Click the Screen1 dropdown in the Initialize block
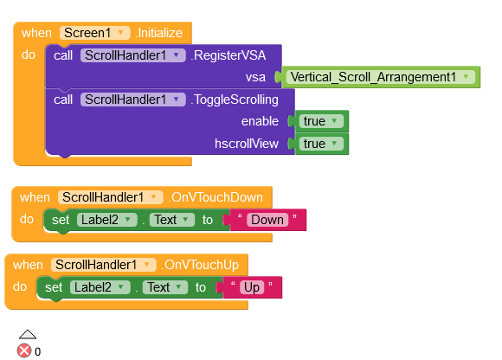pyautogui.click(x=94, y=33)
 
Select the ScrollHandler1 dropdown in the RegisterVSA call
pyautogui.click(x=133, y=55)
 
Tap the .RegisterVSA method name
pyautogui.click(x=228, y=55)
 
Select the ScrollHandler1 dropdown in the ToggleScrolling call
pyautogui.click(x=133, y=100)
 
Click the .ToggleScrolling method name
pyautogui.click(x=235, y=100)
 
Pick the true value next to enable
pyautogui.click(x=320, y=121)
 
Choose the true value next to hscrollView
pyautogui.click(x=320, y=144)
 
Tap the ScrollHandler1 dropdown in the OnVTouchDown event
pyautogui.click(x=110, y=197)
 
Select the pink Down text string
pyautogui.click(x=267, y=220)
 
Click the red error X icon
pyautogui.click(x=24, y=350)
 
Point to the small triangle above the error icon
pyautogui.click(x=28, y=334)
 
